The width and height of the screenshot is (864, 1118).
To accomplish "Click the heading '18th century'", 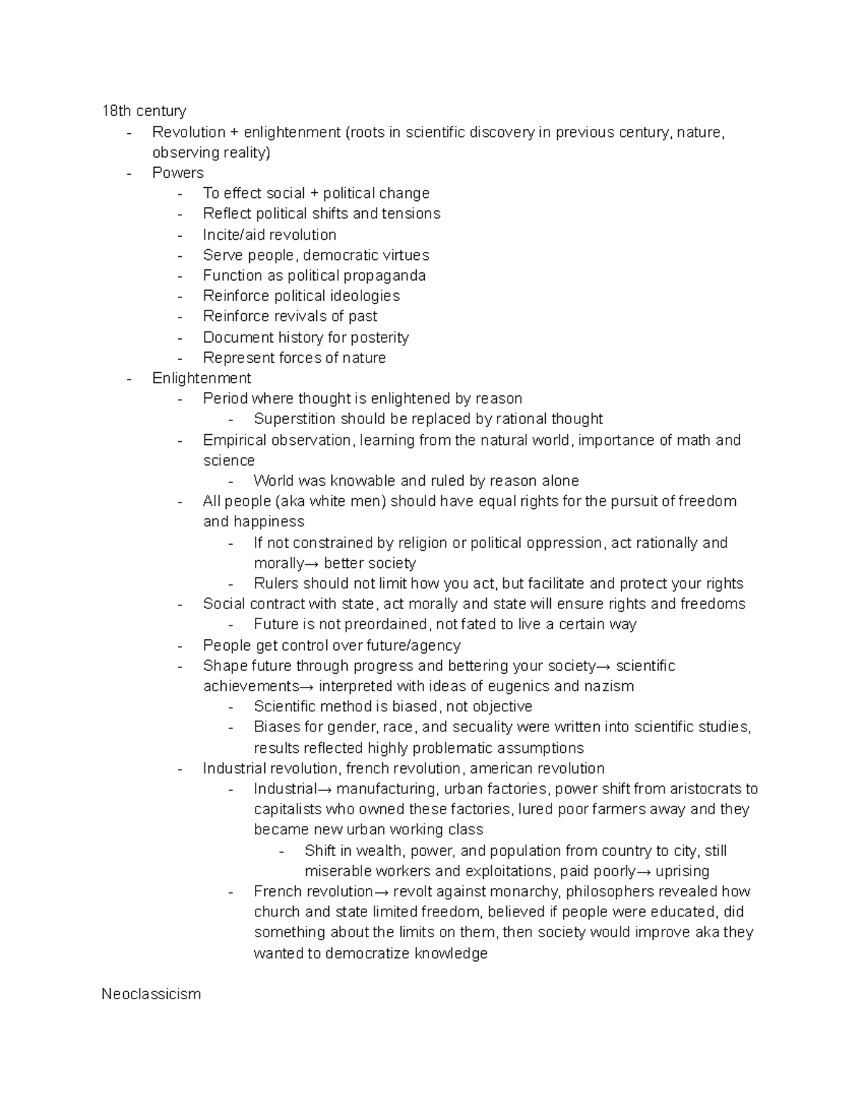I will tap(143, 111).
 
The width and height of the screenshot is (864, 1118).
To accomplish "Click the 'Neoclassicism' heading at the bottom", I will tap(151, 994).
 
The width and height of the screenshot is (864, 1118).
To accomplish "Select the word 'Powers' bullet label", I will tap(178, 173).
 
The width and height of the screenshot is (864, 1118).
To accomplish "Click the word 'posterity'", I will tap(379, 338).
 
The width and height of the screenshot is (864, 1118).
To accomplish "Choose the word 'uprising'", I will tap(682, 871).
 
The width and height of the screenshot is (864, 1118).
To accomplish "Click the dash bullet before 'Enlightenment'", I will tap(129, 379).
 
